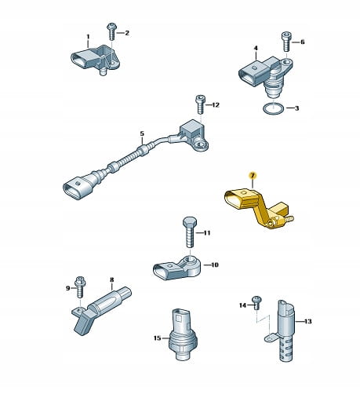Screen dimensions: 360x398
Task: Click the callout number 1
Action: tap(88, 37)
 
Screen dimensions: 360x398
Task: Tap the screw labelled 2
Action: tap(111, 31)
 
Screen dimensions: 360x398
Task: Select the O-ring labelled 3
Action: tap(272, 109)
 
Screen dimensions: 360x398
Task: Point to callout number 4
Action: tap(256, 48)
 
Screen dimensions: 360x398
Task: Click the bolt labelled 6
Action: tap(286, 42)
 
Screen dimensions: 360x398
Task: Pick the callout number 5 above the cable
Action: tap(142, 133)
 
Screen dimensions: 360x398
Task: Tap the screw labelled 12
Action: tap(201, 104)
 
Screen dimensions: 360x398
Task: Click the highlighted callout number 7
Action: tap(253, 175)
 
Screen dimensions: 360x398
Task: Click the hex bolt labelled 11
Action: tap(190, 232)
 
